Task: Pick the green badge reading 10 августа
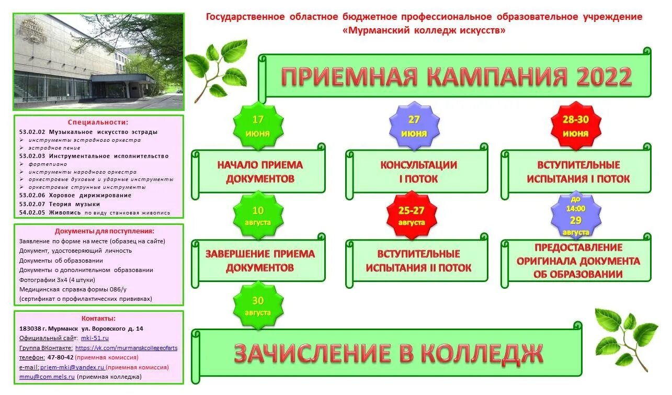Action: coord(258,216)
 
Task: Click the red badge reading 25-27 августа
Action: coord(412,216)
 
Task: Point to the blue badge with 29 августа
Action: coord(575,216)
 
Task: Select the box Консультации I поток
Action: coord(418,172)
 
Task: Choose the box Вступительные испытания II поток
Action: coord(418,261)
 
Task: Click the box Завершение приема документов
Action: coord(260,261)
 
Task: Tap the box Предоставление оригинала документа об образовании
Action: coord(577,261)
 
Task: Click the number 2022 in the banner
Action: coord(604,77)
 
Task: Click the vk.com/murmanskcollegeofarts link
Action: coord(126,347)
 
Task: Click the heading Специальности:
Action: coord(98,122)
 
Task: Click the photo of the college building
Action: coord(98,62)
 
